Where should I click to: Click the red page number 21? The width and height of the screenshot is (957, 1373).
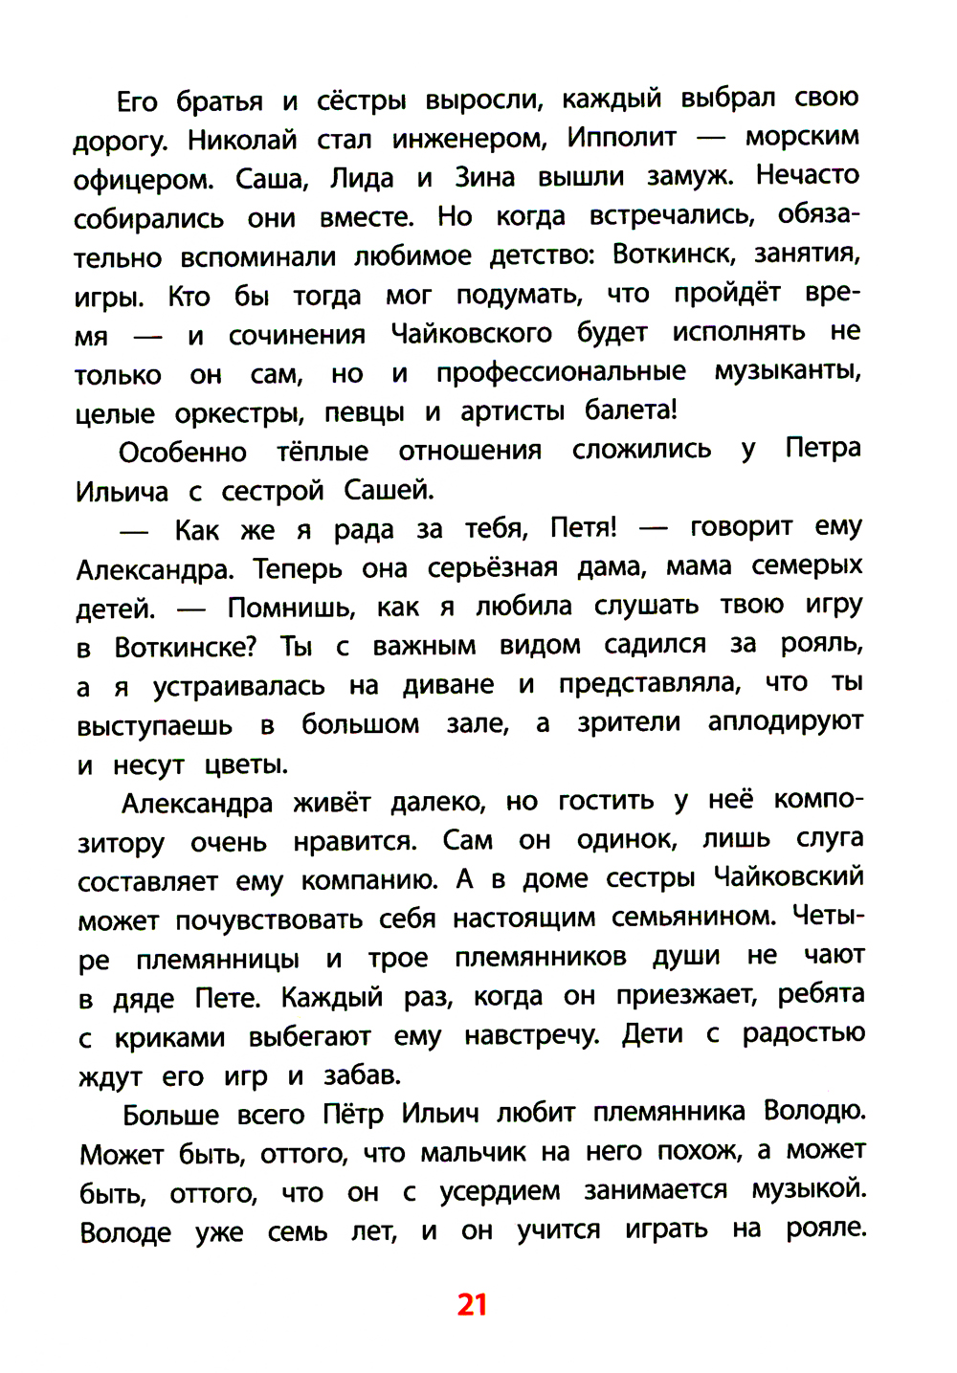tap(473, 1304)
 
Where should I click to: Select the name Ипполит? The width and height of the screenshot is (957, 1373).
tap(621, 138)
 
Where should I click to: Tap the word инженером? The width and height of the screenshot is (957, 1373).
tap(469, 140)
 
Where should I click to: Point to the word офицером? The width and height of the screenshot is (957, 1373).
tap(143, 180)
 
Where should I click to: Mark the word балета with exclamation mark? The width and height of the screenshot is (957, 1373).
tap(631, 410)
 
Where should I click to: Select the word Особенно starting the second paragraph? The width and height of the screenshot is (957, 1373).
tap(183, 453)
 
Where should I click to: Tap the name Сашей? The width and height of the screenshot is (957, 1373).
tap(389, 491)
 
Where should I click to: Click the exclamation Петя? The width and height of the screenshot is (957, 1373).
tap(584, 527)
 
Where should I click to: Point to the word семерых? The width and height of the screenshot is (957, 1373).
tap(806, 566)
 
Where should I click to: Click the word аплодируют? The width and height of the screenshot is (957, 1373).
tap(785, 721)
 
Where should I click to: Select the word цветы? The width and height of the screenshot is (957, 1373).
tap(246, 764)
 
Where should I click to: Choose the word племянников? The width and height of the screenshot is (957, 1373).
tap(541, 957)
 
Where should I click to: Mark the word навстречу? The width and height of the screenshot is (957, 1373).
tap(531, 1036)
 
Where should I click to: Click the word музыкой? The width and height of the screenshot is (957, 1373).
tap(809, 1189)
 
